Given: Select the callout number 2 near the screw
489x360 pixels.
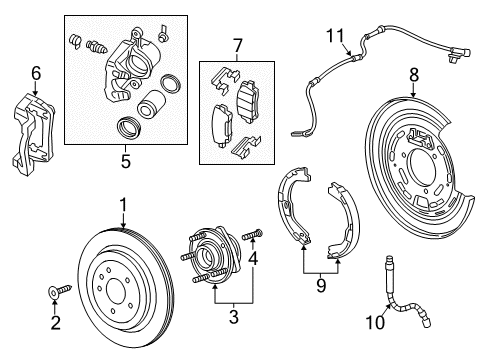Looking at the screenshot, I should tap(56, 323).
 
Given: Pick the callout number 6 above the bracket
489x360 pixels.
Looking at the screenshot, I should tap(35, 73).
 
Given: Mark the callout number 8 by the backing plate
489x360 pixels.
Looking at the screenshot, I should tap(413, 73).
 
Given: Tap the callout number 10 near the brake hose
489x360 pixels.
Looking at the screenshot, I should tap(376, 323).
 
